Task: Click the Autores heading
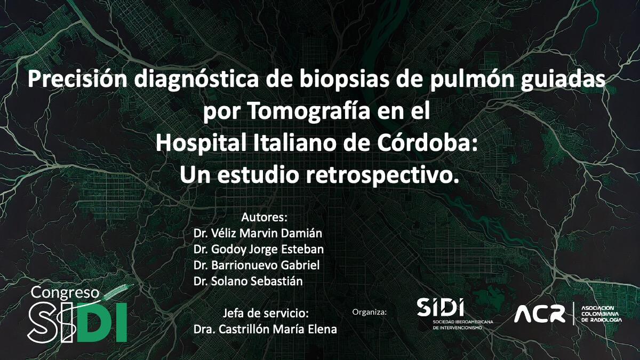(265, 218)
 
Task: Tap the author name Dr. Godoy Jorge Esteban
(259, 250)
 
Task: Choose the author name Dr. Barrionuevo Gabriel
(259, 266)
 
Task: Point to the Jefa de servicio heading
(265, 313)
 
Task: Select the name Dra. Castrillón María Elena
(265, 329)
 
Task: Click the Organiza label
(370, 311)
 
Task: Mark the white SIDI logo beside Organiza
(441, 307)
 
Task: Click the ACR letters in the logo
(539, 314)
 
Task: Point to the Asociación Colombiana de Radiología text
(601, 314)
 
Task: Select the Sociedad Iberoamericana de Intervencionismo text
(455, 325)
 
